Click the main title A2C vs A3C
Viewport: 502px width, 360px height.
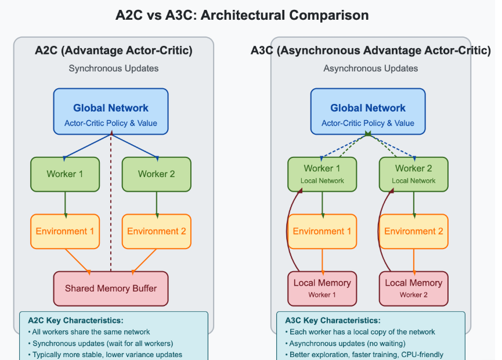coord(242,16)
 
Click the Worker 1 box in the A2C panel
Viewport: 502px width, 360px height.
coord(65,174)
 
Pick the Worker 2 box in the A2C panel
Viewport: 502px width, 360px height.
coord(156,174)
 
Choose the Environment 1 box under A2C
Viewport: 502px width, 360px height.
coord(65,231)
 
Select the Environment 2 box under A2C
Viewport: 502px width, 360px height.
coord(156,231)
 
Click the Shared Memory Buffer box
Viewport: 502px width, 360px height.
coord(110,289)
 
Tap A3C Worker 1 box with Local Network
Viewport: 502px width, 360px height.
coord(322,174)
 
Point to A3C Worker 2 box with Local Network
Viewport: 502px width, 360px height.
coord(414,174)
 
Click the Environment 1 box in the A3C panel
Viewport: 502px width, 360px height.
coord(322,231)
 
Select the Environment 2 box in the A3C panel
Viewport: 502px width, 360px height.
coord(414,231)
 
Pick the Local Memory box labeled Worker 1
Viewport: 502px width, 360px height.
coord(322,288)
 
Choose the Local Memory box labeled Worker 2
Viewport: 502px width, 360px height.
coord(414,288)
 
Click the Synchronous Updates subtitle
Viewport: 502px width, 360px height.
coord(114,69)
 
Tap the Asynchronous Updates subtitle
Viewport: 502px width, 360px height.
coord(371,69)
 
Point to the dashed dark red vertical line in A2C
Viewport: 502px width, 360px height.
coord(110,203)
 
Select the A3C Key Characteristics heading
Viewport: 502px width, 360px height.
coord(333,321)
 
